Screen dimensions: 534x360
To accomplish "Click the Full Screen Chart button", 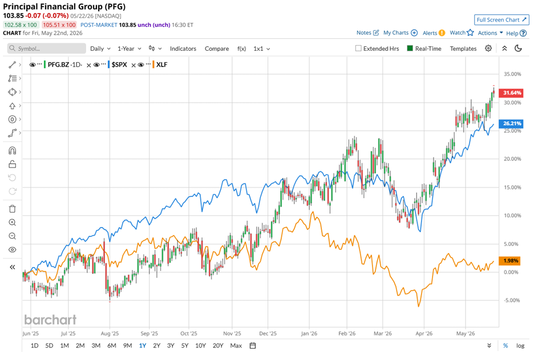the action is coord(501,20).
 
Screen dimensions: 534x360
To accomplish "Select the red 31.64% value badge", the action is coord(511,92).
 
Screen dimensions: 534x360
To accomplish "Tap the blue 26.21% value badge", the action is coord(511,123).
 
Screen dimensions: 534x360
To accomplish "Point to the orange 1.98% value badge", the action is coord(510,261).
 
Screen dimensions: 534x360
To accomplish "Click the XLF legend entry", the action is coord(161,64).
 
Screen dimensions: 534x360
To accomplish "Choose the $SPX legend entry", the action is coord(119,64).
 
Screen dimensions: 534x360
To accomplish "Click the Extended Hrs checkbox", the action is coord(358,48).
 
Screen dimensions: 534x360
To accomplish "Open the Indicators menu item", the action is coord(183,48).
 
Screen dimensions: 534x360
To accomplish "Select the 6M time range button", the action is coord(112,346).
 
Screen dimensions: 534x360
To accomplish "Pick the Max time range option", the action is coord(236,346).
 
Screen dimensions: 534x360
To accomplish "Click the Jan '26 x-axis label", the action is coord(309,333).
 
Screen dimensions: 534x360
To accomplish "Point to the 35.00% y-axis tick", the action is coord(512,74).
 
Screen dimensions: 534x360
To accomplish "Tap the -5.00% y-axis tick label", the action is coord(512,301).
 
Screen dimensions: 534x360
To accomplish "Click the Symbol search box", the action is coord(47,48).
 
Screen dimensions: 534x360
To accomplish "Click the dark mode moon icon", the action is coord(518,48).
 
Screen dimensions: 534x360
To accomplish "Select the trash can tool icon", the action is coord(12,209).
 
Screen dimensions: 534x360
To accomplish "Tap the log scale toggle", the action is coord(520,346).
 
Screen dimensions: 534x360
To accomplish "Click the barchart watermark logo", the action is coord(50,319).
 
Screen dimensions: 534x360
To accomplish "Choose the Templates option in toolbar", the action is coord(463,48).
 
